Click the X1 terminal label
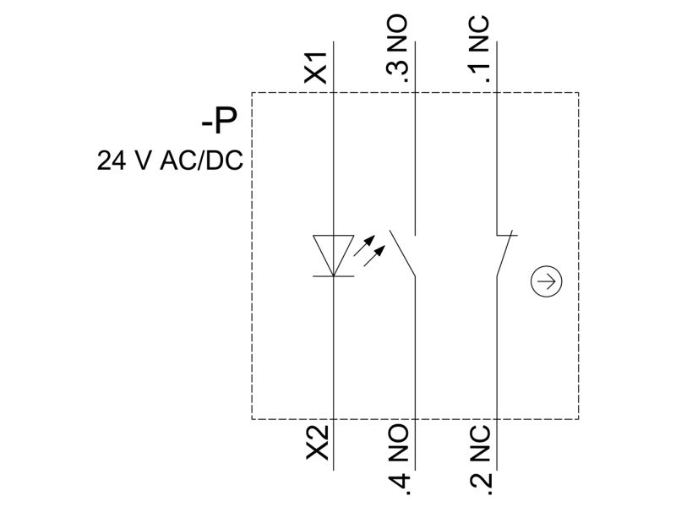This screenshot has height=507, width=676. point(316,68)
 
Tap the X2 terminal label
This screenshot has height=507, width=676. point(318,442)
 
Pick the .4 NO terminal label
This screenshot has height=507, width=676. point(399,457)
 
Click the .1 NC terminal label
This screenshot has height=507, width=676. point(480,49)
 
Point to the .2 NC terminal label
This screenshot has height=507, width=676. point(480,458)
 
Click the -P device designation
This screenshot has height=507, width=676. point(219,121)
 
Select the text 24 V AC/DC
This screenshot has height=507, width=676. point(170,161)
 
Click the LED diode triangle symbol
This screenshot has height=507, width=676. point(333,255)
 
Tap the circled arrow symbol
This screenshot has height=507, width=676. point(546,281)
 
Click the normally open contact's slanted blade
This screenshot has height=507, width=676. point(403,253)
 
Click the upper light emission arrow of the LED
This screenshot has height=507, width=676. point(364,246)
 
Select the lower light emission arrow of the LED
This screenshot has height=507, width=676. point(374,256)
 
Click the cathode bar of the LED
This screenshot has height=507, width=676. point(333,276)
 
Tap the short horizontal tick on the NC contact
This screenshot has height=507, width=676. point(507,236)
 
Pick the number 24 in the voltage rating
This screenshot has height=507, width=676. point(112,161)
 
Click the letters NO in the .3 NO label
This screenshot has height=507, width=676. point(397,33)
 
